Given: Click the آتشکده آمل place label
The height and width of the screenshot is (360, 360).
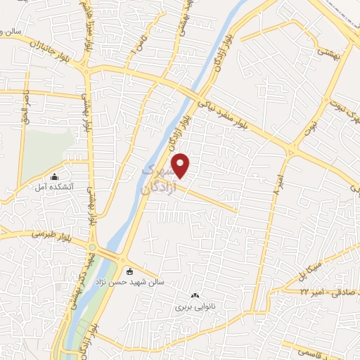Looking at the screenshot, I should tap(55, 188).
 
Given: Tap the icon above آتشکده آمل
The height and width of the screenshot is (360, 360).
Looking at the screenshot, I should tap(55, 176).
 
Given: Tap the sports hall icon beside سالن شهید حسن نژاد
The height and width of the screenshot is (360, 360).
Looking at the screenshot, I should tap(129, 271).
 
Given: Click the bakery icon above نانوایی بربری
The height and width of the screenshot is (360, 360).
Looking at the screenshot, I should tap(195, 296).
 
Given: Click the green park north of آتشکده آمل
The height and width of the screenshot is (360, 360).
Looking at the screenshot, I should tap(49, 148).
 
